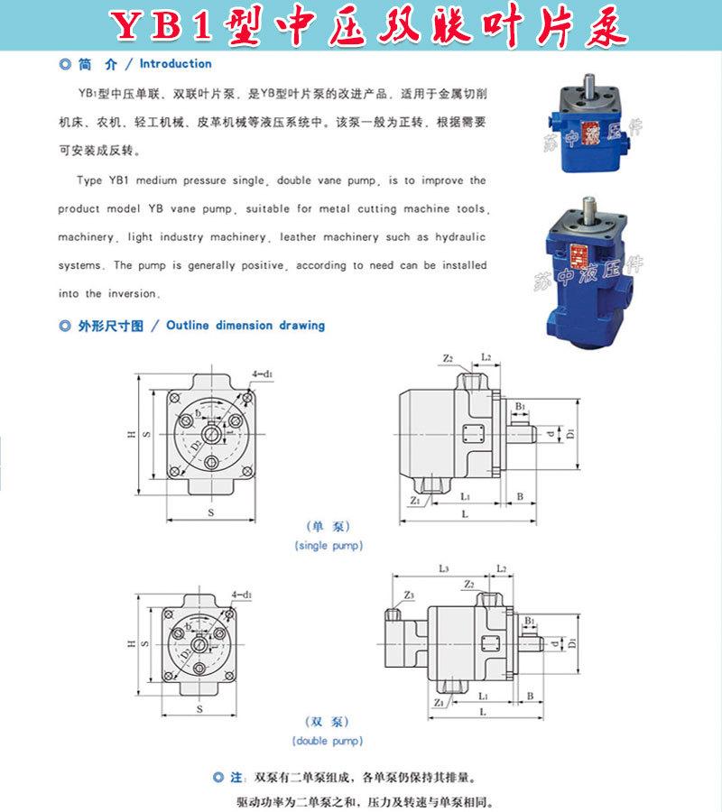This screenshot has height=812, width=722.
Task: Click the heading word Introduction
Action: click(175, 64)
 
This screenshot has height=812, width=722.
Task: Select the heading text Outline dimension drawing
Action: click(245, 325)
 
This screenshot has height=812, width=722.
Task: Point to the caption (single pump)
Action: click(329, 546)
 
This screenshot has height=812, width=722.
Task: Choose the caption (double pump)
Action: click(329, 741)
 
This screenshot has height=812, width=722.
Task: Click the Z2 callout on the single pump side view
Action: click(448, 358)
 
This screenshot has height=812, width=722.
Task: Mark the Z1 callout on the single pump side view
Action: click(414, 499)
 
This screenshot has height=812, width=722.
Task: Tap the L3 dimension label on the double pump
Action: click(443, 568)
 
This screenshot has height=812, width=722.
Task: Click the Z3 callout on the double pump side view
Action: click(409, 595)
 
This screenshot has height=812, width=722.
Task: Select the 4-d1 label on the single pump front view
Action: click(263, 373)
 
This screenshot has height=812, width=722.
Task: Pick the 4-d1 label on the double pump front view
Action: click(242, 595)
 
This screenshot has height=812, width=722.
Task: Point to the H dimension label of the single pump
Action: click(131, 435)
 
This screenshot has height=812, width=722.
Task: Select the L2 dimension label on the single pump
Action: click(486, 358)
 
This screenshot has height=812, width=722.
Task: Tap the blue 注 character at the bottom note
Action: click(237, 777)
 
